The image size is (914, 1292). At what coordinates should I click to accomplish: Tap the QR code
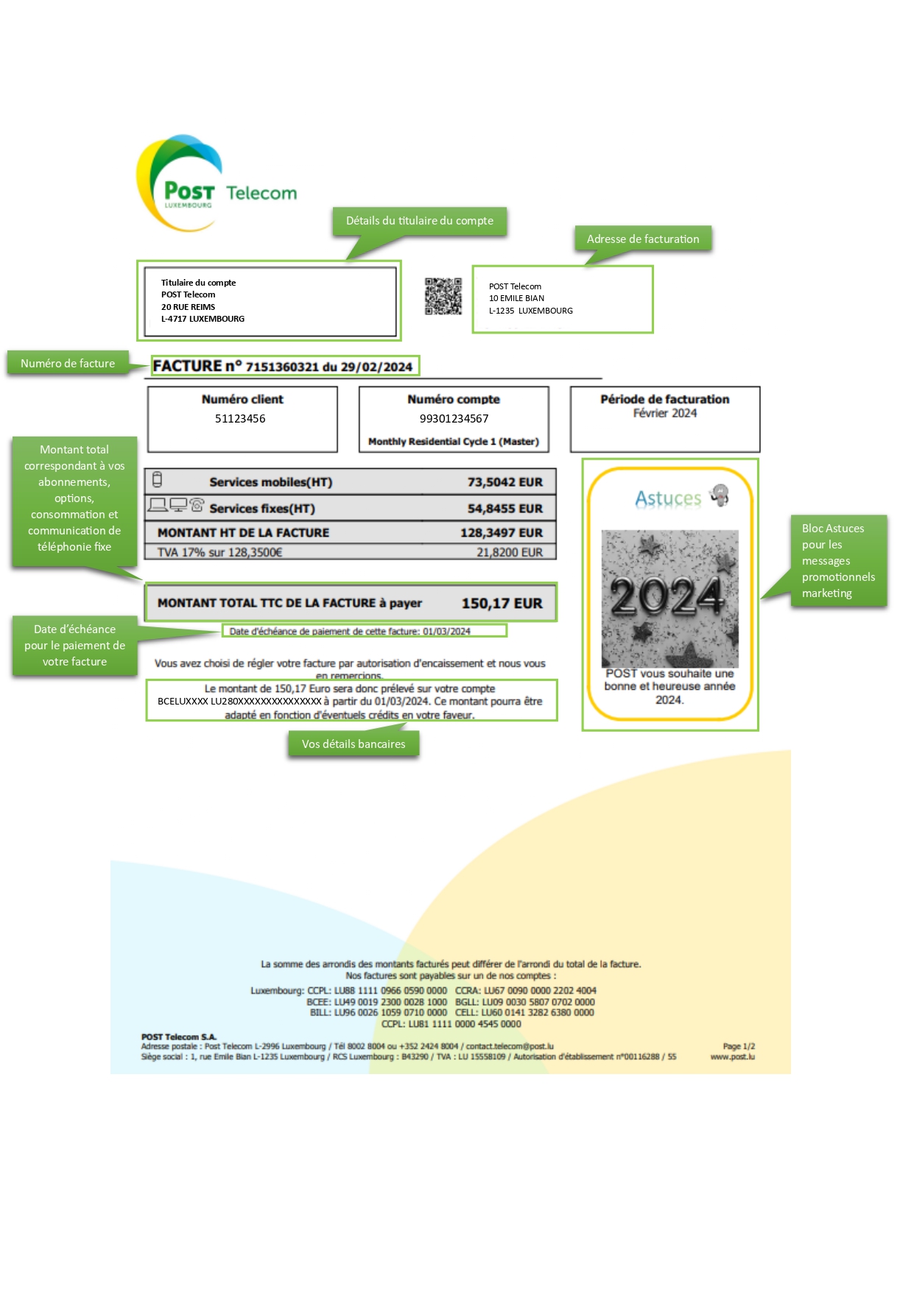[x=443, y=296]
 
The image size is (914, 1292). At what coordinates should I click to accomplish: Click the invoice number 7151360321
[x=281, y=367]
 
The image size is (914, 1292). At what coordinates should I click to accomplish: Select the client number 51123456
[x=240, y=419]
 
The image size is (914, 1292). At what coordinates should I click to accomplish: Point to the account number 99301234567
[x=454, y=419]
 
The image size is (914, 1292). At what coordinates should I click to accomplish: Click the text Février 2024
[x=664, y=413]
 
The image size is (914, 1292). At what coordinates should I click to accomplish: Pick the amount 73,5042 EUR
[x=505, y=482]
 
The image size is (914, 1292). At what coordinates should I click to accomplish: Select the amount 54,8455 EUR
[x=505, y=509]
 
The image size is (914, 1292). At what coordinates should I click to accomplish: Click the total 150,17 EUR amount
[x=502, y=604]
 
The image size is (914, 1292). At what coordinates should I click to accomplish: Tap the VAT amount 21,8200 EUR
[x=509, y=552]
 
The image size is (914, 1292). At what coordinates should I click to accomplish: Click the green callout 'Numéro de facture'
[x=68, y=364]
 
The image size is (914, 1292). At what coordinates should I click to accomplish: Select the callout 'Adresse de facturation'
[x=642, y=239]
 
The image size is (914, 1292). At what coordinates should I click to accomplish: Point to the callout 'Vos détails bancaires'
[x=354, y=744]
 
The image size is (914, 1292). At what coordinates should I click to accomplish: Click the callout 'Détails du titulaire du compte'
[x=420, y=221]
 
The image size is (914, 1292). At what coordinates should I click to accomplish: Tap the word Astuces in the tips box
[x=668, y=499]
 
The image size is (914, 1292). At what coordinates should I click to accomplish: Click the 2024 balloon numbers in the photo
[x=668, y=596]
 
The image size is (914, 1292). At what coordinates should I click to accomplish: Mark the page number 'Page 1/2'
[x=739, y=1046]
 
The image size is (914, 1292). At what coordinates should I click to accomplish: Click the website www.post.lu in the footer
[x=732, y=1056]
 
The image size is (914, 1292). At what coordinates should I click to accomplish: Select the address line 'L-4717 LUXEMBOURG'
[x=203, y=319]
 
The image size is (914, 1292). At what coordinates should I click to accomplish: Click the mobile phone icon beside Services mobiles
[x=157, y=480]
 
